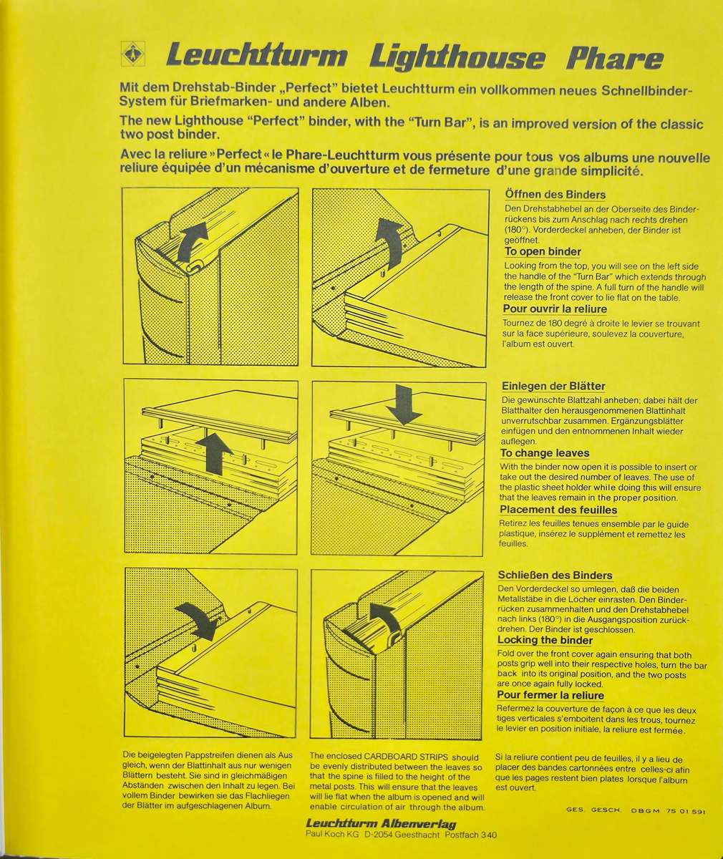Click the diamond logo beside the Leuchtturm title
click(x=133, y=54)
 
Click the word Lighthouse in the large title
click(x=457, y=57)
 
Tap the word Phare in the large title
click(x=615, y=59)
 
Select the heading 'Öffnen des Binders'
click(x=555, y=194)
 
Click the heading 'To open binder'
click(x=543, y=251)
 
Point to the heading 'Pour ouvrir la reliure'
click(x=555, y=309)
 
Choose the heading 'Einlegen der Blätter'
click(x=553, y=386)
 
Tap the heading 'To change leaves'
click(x=545, y=453)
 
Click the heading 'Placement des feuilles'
click(x=558, y=510)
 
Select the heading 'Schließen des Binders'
click(x=555, y=575)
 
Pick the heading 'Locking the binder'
click(x=545, y=640)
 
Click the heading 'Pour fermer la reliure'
click(x=550, y=695)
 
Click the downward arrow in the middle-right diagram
click(x=404, y=405)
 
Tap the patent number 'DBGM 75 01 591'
click(x=669, y=812)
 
